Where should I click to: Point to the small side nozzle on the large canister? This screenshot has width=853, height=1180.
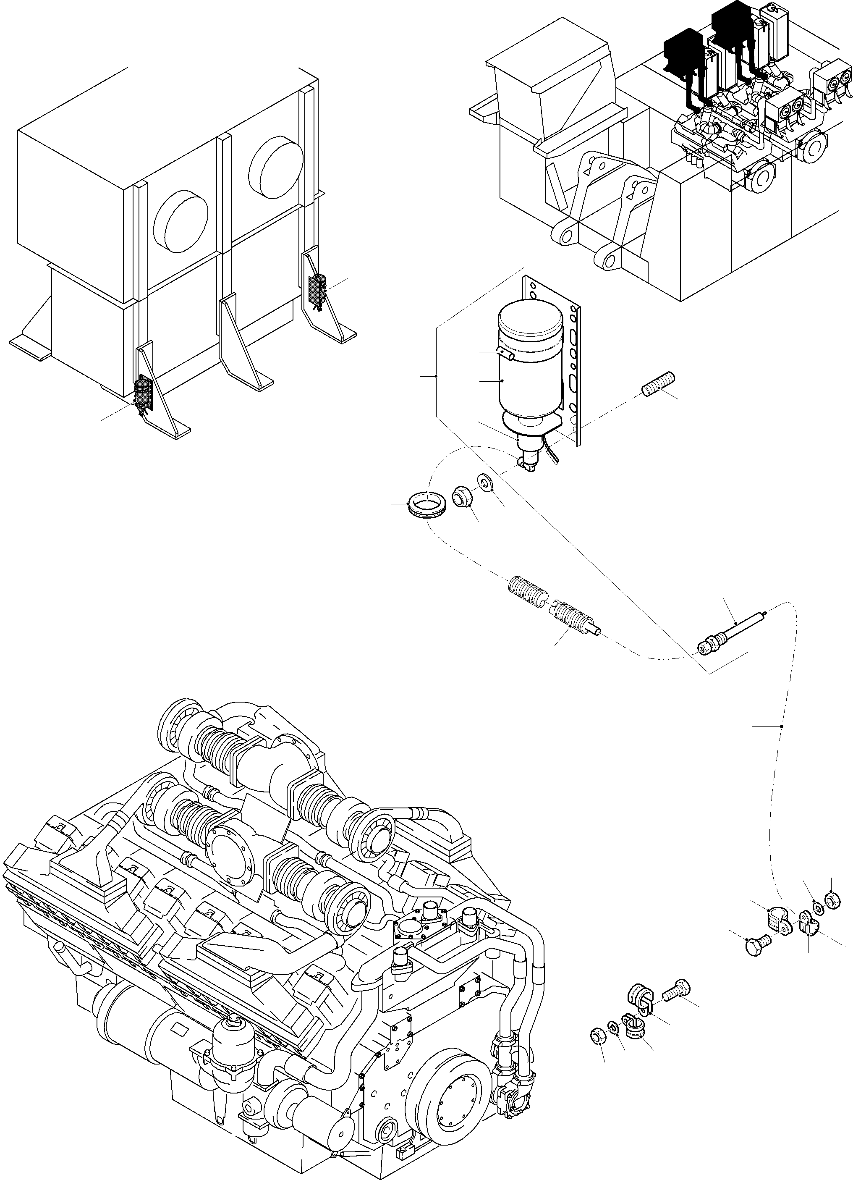(506, 354)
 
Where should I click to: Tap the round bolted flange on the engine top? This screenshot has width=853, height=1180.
(229, 851)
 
